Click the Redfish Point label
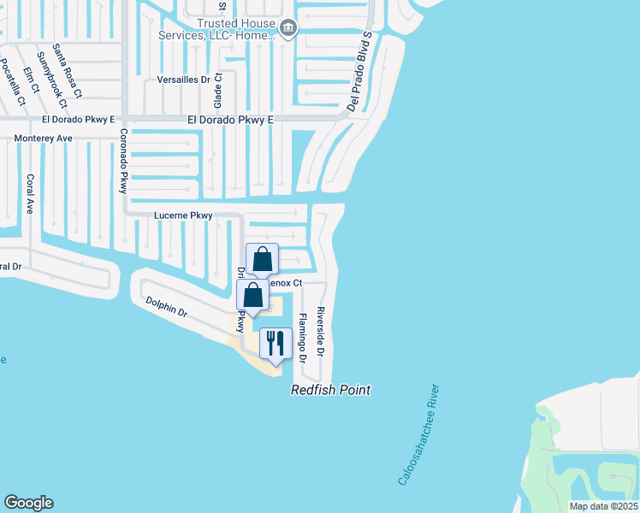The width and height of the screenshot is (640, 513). point(330,390)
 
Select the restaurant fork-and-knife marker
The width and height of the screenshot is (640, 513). point(276,344)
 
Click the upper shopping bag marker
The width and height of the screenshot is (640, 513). point(263,259)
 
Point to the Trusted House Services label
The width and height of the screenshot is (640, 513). point(217,29)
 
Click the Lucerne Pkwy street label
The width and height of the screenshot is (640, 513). point(182,215)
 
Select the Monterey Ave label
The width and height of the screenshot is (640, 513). point(43,138)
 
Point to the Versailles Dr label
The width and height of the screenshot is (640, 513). point(184,80)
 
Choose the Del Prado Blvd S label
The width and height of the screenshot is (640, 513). point(359,71)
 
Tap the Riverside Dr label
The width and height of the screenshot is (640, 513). point(322,331)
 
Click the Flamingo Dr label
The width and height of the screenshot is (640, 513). point(301,339)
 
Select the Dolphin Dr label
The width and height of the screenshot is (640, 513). point(166,306)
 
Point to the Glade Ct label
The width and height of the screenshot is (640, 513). point(219,88)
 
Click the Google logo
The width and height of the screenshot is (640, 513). point(28,502)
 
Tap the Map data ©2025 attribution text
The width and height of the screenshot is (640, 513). point(602,506)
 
